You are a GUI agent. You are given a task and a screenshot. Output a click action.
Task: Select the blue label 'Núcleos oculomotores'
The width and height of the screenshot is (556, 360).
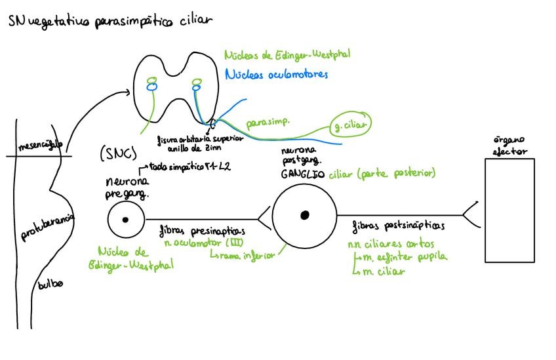point(275,75)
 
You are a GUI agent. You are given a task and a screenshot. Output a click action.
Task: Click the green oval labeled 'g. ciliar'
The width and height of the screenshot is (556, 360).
point(348,123)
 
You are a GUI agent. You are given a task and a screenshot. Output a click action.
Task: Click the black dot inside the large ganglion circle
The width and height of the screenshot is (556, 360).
point(304,214)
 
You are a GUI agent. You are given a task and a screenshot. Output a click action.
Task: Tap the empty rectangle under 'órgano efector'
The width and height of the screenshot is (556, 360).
point(509,210)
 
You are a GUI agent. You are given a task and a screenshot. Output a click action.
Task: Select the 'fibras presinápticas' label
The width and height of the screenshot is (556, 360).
point(201,231)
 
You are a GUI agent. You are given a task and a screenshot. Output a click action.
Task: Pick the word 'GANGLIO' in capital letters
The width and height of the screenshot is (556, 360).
point(302,174)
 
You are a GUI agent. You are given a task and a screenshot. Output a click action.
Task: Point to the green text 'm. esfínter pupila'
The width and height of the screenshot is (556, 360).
point(403,256)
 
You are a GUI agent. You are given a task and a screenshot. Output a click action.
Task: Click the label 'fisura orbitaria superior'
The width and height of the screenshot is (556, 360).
point(201,138)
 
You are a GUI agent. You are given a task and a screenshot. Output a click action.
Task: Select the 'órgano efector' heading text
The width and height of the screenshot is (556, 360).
point(509,145)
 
